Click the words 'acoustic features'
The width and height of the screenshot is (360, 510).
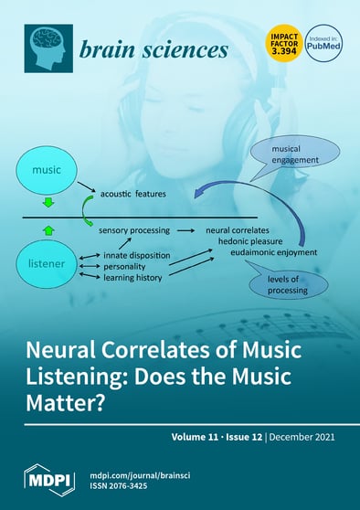coord(133,195)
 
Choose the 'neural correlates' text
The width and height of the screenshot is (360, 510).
coord(240,233)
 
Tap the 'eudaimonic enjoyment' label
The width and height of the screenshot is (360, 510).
coord(273,252)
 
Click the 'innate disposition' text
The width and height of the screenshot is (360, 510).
coord(133,255)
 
